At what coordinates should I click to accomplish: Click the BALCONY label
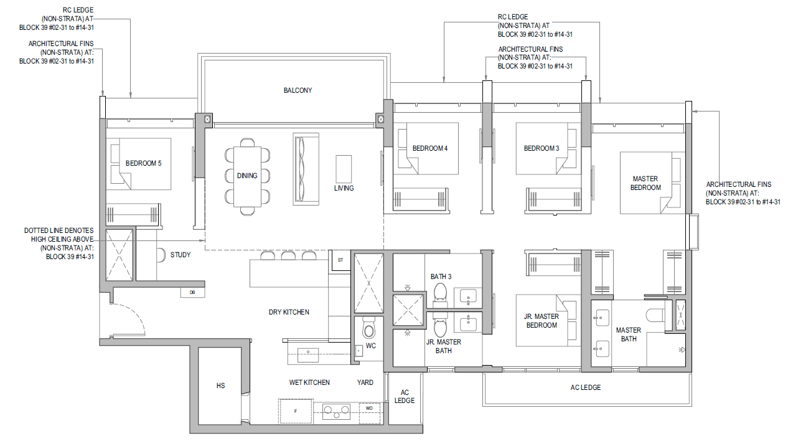click(x=298, y=90)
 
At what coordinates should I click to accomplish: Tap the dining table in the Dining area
click(x=247, y=176)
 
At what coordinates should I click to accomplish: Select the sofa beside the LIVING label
click(x=306, y=169)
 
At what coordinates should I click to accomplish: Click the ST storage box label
click(x=340, y=260)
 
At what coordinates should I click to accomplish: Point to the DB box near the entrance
click(x=192, y=293)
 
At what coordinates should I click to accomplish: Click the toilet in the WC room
click(x=368, y=328)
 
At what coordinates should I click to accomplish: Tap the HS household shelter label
click(x=220, y=386)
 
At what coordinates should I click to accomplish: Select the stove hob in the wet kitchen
click(x=337, y=412)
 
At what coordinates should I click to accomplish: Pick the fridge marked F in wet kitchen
click(x=296, y=411)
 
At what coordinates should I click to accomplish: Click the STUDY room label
click(x=181, y=255)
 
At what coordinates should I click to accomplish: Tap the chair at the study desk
click(x=161, y=255)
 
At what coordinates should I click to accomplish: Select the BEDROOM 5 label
click(x=144, y=163)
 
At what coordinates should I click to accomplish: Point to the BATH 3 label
click(x=441, y=277)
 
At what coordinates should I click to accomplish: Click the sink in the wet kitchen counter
click(x=308, y=356)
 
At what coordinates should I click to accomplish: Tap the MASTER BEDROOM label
click(x=645, y=183)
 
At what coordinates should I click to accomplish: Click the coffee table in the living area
click(x=344, y=169)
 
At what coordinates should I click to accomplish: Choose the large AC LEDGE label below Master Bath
click(x=585, y=387)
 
